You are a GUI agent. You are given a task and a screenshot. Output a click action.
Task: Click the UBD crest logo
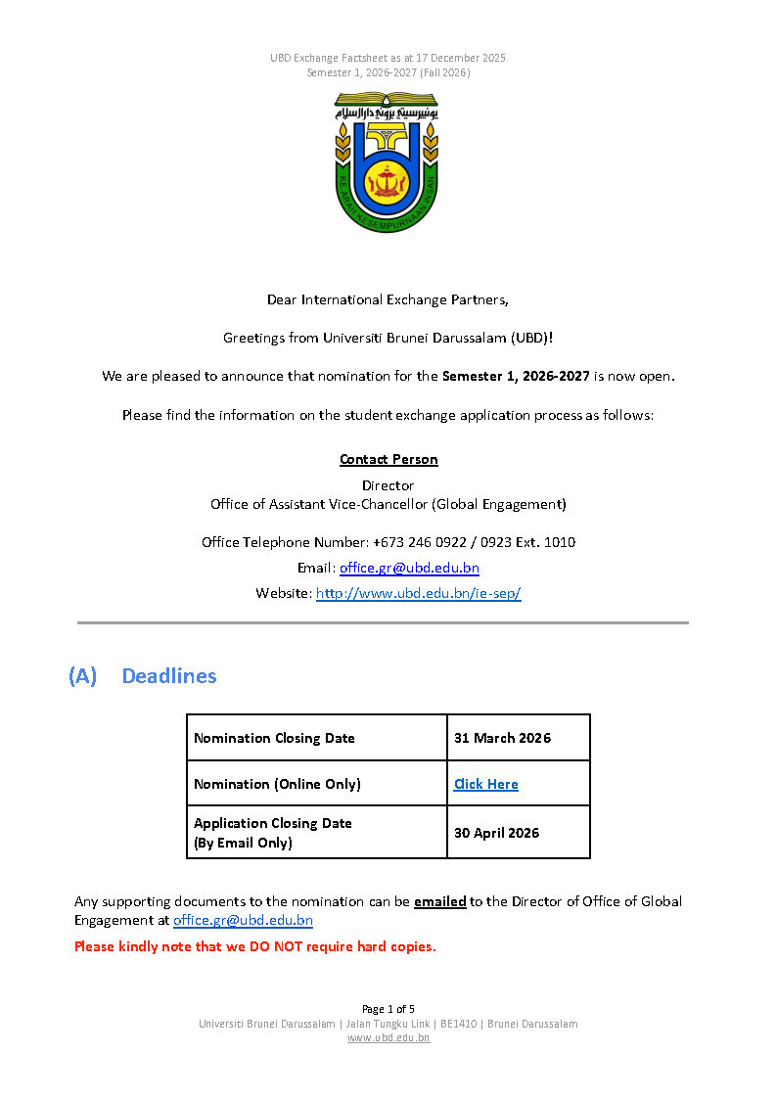point(388,161)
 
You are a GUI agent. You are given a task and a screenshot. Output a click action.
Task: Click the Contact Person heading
point(388,459)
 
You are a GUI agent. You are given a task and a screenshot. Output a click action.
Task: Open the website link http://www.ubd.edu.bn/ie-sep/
point(418,593)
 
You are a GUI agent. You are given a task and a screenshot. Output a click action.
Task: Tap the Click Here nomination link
point(485,784)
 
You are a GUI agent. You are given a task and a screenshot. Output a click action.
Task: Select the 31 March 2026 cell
point(502,738)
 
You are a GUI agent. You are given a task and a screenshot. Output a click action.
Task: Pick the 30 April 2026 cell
point(496,833)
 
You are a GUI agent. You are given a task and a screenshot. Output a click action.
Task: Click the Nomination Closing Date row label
point(274,738)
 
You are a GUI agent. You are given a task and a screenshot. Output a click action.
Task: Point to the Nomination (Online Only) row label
point(277,784)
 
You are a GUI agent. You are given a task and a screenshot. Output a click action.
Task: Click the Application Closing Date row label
point(272,832)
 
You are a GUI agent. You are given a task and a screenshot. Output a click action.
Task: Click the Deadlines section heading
point(169,675)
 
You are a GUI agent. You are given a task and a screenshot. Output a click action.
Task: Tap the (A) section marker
point(83,675)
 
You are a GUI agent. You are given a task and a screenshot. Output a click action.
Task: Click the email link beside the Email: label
point(409,568)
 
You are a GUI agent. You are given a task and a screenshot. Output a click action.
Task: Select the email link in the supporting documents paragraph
point(243,920)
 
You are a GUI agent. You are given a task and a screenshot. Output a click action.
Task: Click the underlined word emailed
point(439,901)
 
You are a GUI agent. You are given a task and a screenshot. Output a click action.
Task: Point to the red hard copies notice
point(255,946)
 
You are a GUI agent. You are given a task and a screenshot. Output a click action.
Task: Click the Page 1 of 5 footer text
point(388,1009)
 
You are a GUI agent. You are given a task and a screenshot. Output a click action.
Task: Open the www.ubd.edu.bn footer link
point(388,1037)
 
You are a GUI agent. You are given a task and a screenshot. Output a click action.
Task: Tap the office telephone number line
point(388,542)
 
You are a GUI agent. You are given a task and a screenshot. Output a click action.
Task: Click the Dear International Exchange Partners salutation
point(388,299)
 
